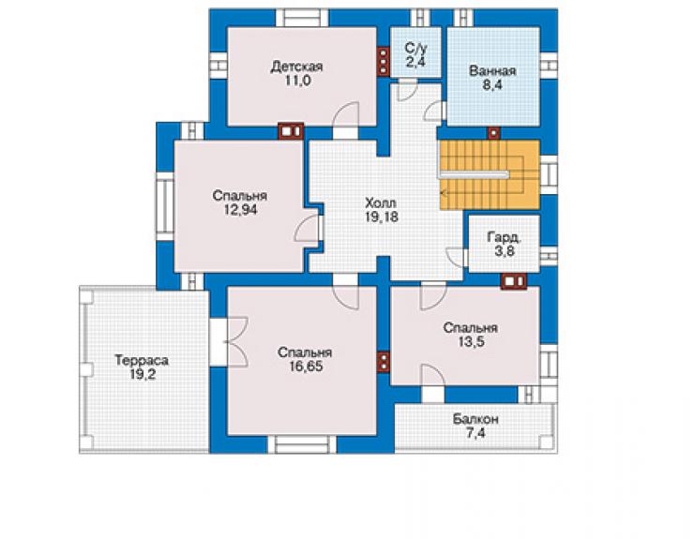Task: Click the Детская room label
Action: click(296, 67)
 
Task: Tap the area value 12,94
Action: click(240, 210)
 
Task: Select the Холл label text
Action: click(381, 203)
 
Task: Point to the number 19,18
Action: click(381, 217)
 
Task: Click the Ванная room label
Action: click(492, 71)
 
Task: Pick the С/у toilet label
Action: click(415, 48)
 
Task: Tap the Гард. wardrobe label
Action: click(505, 237)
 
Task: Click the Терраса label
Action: click(142, 361)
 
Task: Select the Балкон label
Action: click(475, 419)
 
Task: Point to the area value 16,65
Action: click(307, 367)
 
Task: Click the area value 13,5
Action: click(471, 341)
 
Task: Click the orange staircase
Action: click(489, 174)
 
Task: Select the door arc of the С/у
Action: click(407, 90)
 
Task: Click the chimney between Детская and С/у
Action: click(384, 62)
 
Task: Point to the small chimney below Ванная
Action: click(494, 133)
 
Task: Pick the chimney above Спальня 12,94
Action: click(291, 131)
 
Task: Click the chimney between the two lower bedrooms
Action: click(384, 362)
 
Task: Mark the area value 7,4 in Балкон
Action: click(475, 433)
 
